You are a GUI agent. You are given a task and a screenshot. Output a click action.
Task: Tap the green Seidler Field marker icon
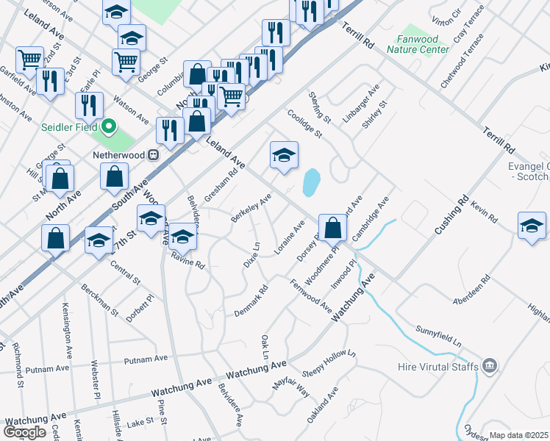coord(110,127)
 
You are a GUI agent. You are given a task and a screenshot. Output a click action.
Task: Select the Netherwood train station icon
coord(154,155)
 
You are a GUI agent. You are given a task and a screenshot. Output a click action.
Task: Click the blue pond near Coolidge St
coord(311,182)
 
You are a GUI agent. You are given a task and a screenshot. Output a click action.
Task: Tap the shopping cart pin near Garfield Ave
coord(29,60)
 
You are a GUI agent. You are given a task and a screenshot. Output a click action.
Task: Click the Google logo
coord(24,432)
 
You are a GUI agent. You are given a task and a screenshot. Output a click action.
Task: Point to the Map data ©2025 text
coord(518,435)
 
